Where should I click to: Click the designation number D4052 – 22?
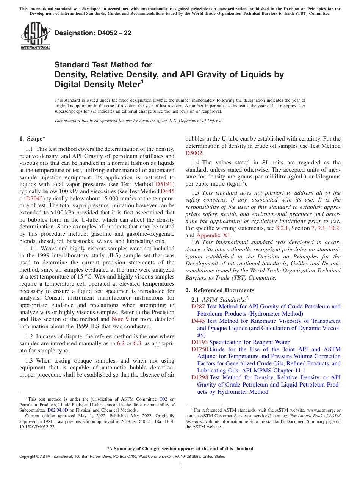tap(93, 33)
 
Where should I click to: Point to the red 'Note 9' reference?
tap(120, 319)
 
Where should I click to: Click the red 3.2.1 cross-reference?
tap(282, 228)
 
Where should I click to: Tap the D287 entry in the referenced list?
tap(198, 307)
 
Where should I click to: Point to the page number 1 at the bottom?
tap(180, 465)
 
